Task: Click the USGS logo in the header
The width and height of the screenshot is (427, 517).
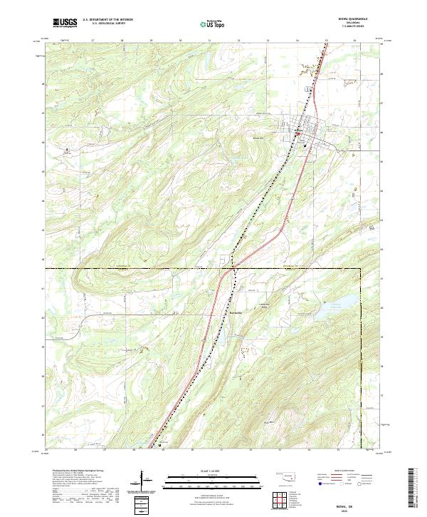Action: point(65,23)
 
